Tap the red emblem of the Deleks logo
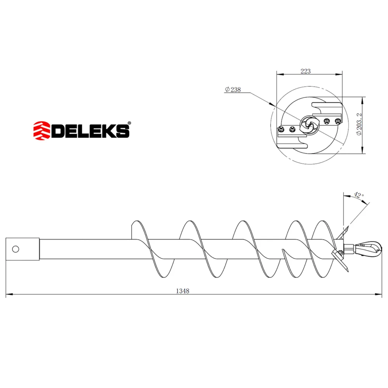pos(42,131)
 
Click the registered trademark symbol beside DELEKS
pos(129,123)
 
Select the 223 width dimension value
pos(306,71)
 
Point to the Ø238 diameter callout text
pos(232,89)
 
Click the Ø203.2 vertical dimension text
pos(359,124)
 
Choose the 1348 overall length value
pos(183,291)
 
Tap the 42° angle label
pos(359,195)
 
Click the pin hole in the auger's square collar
pos(16,249)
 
